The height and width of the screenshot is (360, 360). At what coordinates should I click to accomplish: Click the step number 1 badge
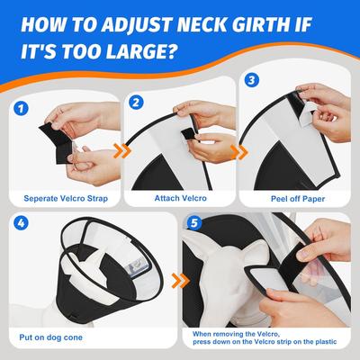pos(20,110)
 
